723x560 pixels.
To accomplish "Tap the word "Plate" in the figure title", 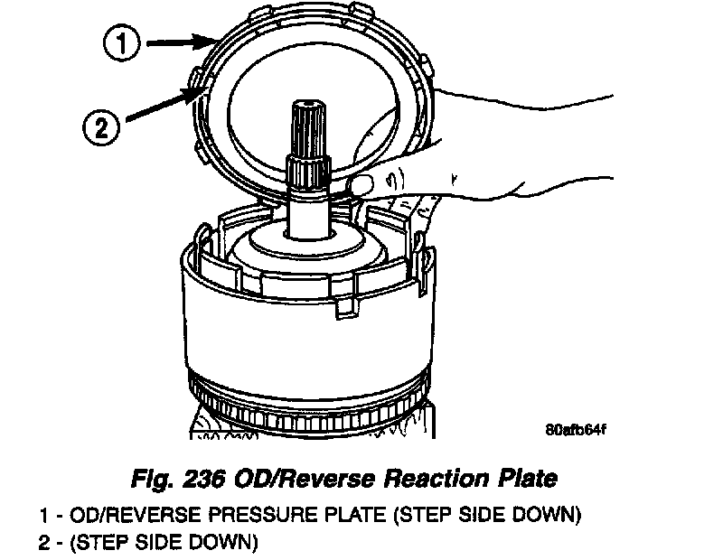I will (x=531, y=478).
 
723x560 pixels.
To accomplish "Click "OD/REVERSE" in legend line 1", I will (x=148, y=517).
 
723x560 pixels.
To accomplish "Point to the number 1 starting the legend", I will (x=44, y=517).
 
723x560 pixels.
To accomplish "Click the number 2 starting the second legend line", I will (x=44, y=543).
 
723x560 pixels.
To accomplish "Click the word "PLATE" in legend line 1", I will (x=360, y=517).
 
